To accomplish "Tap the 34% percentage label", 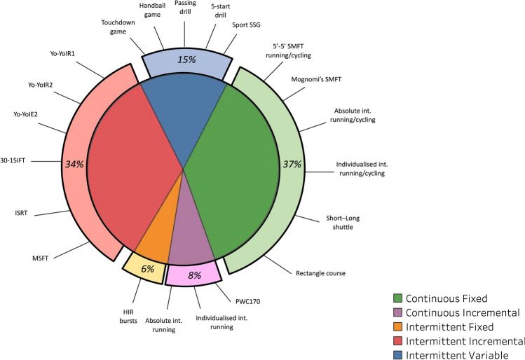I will (x=74, y=165).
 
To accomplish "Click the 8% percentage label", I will (x=194, y=275).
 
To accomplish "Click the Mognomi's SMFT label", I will (x=313, y=79).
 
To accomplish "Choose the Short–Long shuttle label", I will (x=343, y=222).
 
